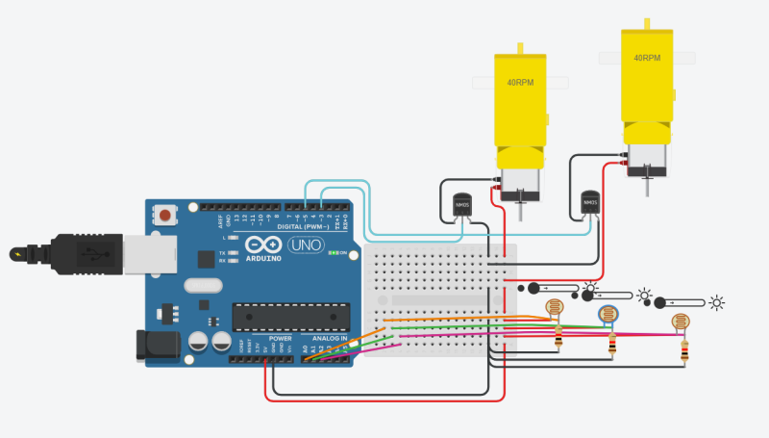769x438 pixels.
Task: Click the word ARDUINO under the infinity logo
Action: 263,258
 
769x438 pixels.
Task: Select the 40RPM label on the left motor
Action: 520,83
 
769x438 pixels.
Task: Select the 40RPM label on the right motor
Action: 647,58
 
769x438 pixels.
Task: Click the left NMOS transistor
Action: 462,204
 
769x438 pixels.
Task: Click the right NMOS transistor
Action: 590,203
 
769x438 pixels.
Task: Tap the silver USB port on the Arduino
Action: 148,254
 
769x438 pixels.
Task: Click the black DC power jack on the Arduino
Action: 154,345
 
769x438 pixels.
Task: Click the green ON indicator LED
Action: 331,253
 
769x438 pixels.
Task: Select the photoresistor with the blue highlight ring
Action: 608,314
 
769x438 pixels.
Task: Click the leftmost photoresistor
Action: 555,308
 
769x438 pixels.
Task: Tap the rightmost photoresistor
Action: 681,322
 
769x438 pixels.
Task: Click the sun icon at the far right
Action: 716,302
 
